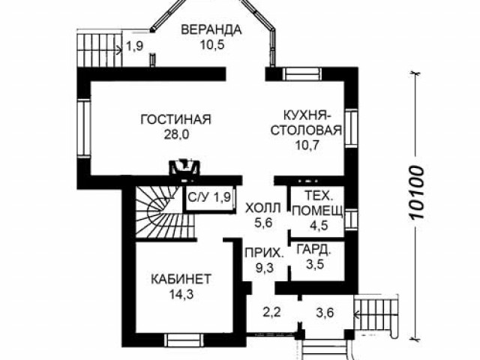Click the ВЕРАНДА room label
click(x=211, y=30)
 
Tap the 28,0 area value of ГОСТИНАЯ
click(x=176, y=134)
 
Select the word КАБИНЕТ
click(x=181, y=279)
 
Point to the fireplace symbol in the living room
click(x=184, y=167)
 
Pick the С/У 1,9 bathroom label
click(x=209, y=197)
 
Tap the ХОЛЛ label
click(x=263, y=208)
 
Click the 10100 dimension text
click(x=417, y=193)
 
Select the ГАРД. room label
click(x=314, y=250)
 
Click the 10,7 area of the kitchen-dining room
click(x=307, y=145)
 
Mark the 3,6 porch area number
click(x=325, y=313)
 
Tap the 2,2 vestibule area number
click(x=271, y=313)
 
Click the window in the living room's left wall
click(x=83, y=129)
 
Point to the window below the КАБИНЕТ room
click(x=184, y=340)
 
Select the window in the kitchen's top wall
click(x=302, y=74)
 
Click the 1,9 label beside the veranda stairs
click(x=135, y=46)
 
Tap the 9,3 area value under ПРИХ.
click(x=265, y=268)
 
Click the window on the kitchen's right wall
click(x=351, y=128)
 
